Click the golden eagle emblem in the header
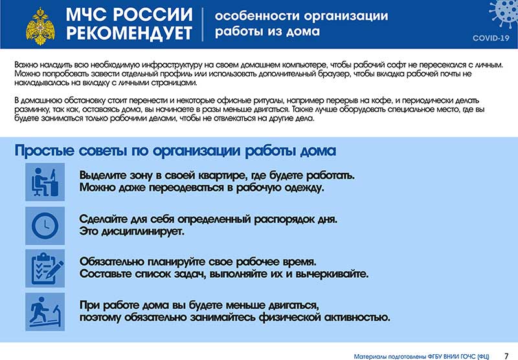click(x=40, y=26)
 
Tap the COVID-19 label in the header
click(x=491, y=38)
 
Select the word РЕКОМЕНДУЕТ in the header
click(x=129, y=33)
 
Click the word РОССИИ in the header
click(x=154, y=14)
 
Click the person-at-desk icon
click(x=45, y=182)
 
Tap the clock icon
click(x=45, y=226)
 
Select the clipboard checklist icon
click(x=45, y=268)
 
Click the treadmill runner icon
click(x=45, y=312)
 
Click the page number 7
click(x=506, y=356)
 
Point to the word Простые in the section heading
click(x=45, y=151)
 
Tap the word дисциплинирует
click(x=142, y=232)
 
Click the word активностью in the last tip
click(x=357, y=317)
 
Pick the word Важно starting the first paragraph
click(x=26, y=65)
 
